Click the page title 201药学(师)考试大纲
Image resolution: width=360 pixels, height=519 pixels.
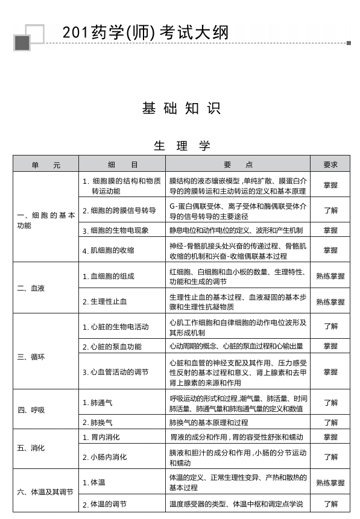click(x=145, y=32)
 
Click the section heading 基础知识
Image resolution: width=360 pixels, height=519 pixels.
click(x=181, y=109)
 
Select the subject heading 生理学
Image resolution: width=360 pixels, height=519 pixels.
click(x=182, y=146)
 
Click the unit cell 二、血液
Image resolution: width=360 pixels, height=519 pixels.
click(x=31, y=288)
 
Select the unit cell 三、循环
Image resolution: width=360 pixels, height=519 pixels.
click(x=31, y=357)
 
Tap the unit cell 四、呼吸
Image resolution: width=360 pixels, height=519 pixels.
click(x=31, y=410)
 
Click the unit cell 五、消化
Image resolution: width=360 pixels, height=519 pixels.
click(x=31, y=448)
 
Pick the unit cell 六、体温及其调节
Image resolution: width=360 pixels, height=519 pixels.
click(x=45, y=492)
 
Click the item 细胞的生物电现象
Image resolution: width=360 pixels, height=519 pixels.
click(x=119, y=230)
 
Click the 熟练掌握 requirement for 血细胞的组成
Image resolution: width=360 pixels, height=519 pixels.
click(x=330, y=276)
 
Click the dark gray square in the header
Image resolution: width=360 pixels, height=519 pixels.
click(x=22, y=42)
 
